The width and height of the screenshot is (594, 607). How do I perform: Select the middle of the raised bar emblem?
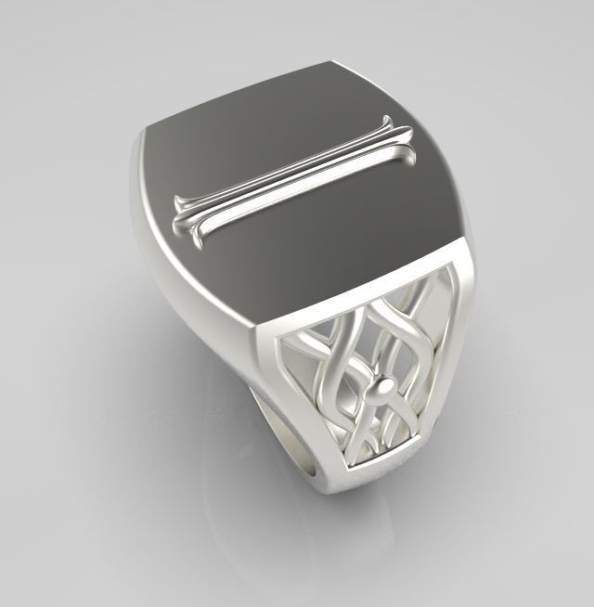(x=291, y=176)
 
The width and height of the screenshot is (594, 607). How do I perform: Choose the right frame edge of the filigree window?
(x=444, y=353)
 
